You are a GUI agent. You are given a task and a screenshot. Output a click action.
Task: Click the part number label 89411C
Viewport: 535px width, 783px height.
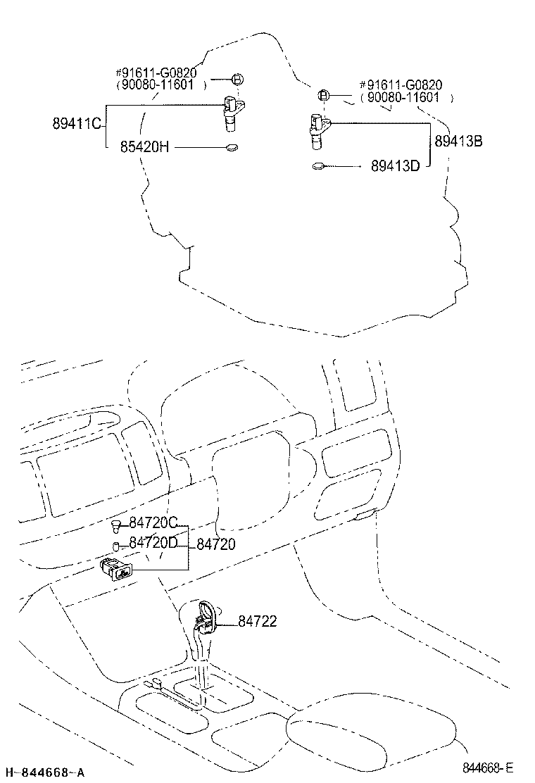[77, 123]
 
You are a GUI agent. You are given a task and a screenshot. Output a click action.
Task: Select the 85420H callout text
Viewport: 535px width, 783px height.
[145, 146]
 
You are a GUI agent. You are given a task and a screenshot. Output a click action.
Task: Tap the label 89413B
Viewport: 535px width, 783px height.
[459, 142]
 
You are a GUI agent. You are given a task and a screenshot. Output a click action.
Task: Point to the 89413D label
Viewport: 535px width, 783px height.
[395, 165]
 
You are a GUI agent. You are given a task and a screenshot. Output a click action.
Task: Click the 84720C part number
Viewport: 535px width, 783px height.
[153, 523]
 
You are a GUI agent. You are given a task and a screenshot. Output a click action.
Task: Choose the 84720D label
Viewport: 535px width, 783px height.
[153, 542]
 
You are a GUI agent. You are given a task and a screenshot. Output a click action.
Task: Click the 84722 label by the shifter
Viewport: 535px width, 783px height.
[257, 621]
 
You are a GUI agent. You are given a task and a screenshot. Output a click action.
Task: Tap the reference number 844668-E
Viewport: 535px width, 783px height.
[488, 768]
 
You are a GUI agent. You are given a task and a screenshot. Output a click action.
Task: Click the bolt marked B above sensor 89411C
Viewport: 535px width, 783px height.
[237, 79]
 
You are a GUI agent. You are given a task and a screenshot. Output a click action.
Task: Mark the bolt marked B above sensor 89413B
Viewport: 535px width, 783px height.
[323, 94]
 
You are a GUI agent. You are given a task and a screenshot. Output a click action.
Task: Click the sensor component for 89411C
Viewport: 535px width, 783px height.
[232, 113]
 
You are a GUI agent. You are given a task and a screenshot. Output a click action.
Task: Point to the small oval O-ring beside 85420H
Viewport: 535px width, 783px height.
[232, 147]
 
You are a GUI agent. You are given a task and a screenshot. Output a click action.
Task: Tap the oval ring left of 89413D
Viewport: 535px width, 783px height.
[320, 165]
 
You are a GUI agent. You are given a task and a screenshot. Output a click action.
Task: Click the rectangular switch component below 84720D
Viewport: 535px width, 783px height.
[117, 569]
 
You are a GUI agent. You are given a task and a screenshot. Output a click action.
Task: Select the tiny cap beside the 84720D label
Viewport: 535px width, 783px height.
[115, 546]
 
